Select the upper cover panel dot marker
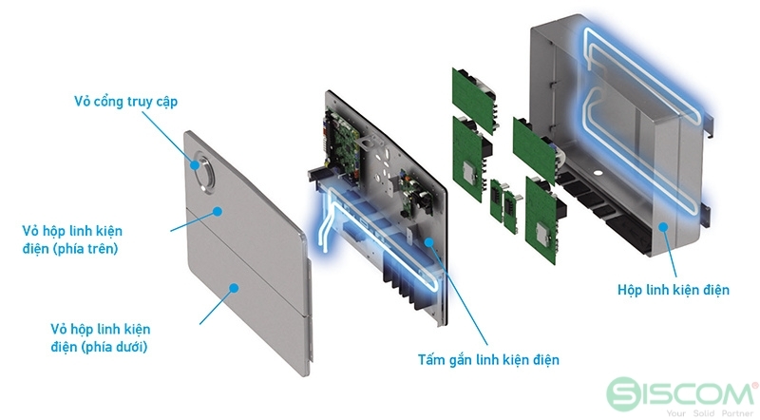[218, 211]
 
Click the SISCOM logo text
[699, 392]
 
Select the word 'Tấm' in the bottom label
[432, 360]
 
